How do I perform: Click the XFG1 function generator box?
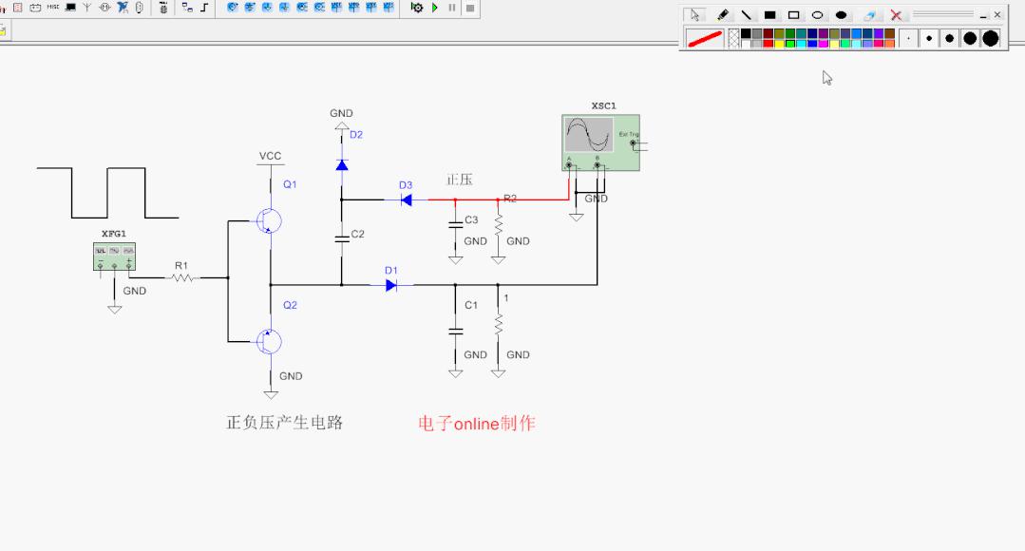115,256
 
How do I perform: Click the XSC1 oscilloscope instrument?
600,142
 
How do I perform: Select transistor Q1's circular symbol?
269,220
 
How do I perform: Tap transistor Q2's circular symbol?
269,340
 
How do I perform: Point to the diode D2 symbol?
341,164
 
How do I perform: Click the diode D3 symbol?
405,199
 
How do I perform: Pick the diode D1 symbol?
390,284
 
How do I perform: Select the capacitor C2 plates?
341,237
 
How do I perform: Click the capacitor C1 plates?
455,330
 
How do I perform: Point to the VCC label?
270,156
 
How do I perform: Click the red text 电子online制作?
476,424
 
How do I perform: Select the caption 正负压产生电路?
284,423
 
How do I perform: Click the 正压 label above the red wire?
460,180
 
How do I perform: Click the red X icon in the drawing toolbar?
895,15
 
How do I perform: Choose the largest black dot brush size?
991,38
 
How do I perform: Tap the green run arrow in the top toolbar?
435,8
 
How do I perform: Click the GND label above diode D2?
341,113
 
